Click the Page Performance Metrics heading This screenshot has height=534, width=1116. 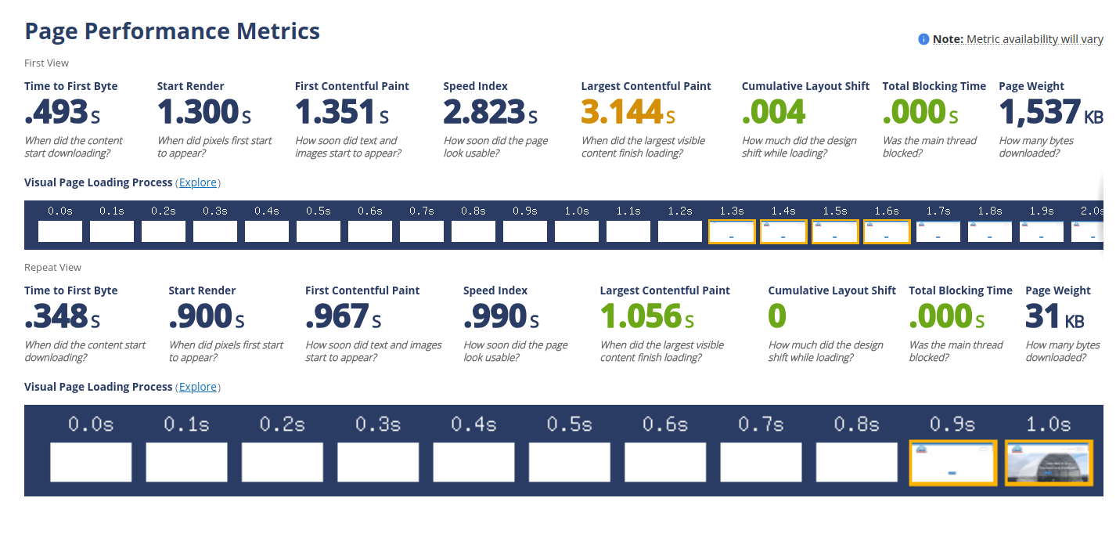172,31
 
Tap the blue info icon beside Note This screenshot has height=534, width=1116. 923,39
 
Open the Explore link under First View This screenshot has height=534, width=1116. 198,182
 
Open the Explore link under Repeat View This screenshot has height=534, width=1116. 198,387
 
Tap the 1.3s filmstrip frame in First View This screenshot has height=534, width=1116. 732,232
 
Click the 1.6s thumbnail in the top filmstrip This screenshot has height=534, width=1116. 887,232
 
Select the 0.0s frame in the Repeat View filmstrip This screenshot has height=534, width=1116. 91,462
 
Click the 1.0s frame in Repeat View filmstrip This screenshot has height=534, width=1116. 1048,462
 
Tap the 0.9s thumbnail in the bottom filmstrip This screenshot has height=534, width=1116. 952,462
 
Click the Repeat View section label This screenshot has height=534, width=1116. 52,267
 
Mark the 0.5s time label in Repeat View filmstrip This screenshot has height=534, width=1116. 570,424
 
